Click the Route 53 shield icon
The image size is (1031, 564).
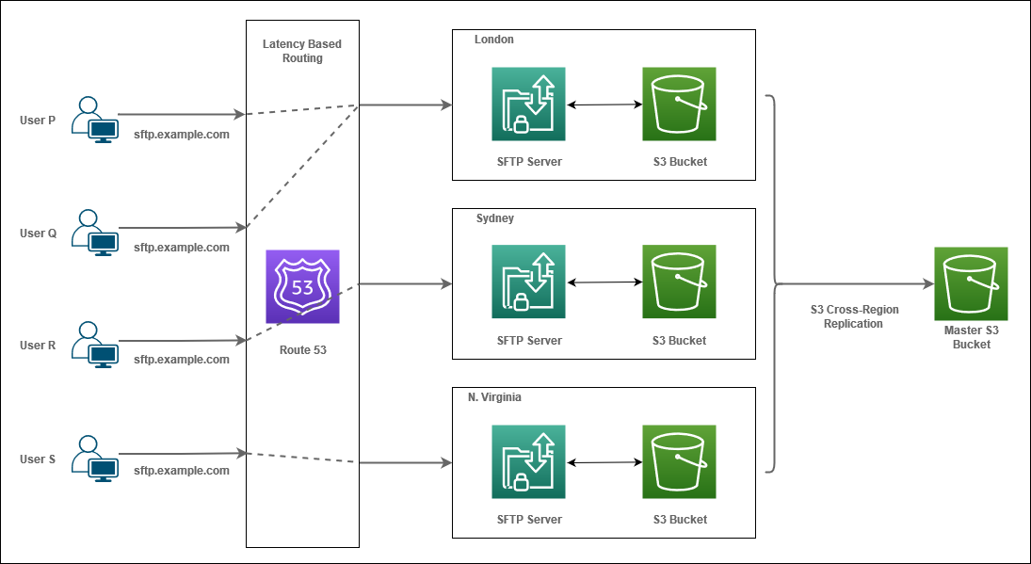302,287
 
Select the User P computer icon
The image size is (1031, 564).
95,120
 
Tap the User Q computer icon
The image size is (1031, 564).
95,233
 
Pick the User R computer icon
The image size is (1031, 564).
95,346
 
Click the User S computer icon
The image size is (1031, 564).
95,459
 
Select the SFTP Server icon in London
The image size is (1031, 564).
528,104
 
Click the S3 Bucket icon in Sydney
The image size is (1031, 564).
679,282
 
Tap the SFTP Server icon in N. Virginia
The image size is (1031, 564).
528,461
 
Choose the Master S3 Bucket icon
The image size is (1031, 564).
971,283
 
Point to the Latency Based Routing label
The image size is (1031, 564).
302,51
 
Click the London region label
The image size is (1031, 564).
494,40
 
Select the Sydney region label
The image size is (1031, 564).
495,218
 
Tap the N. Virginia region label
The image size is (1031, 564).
494,397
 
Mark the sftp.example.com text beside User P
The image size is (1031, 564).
182,135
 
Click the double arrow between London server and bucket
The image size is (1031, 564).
604,104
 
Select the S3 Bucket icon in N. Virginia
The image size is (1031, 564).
679,461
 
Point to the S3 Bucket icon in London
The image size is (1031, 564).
679,104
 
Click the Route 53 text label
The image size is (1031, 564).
302,349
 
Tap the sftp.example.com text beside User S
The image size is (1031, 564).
182,470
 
